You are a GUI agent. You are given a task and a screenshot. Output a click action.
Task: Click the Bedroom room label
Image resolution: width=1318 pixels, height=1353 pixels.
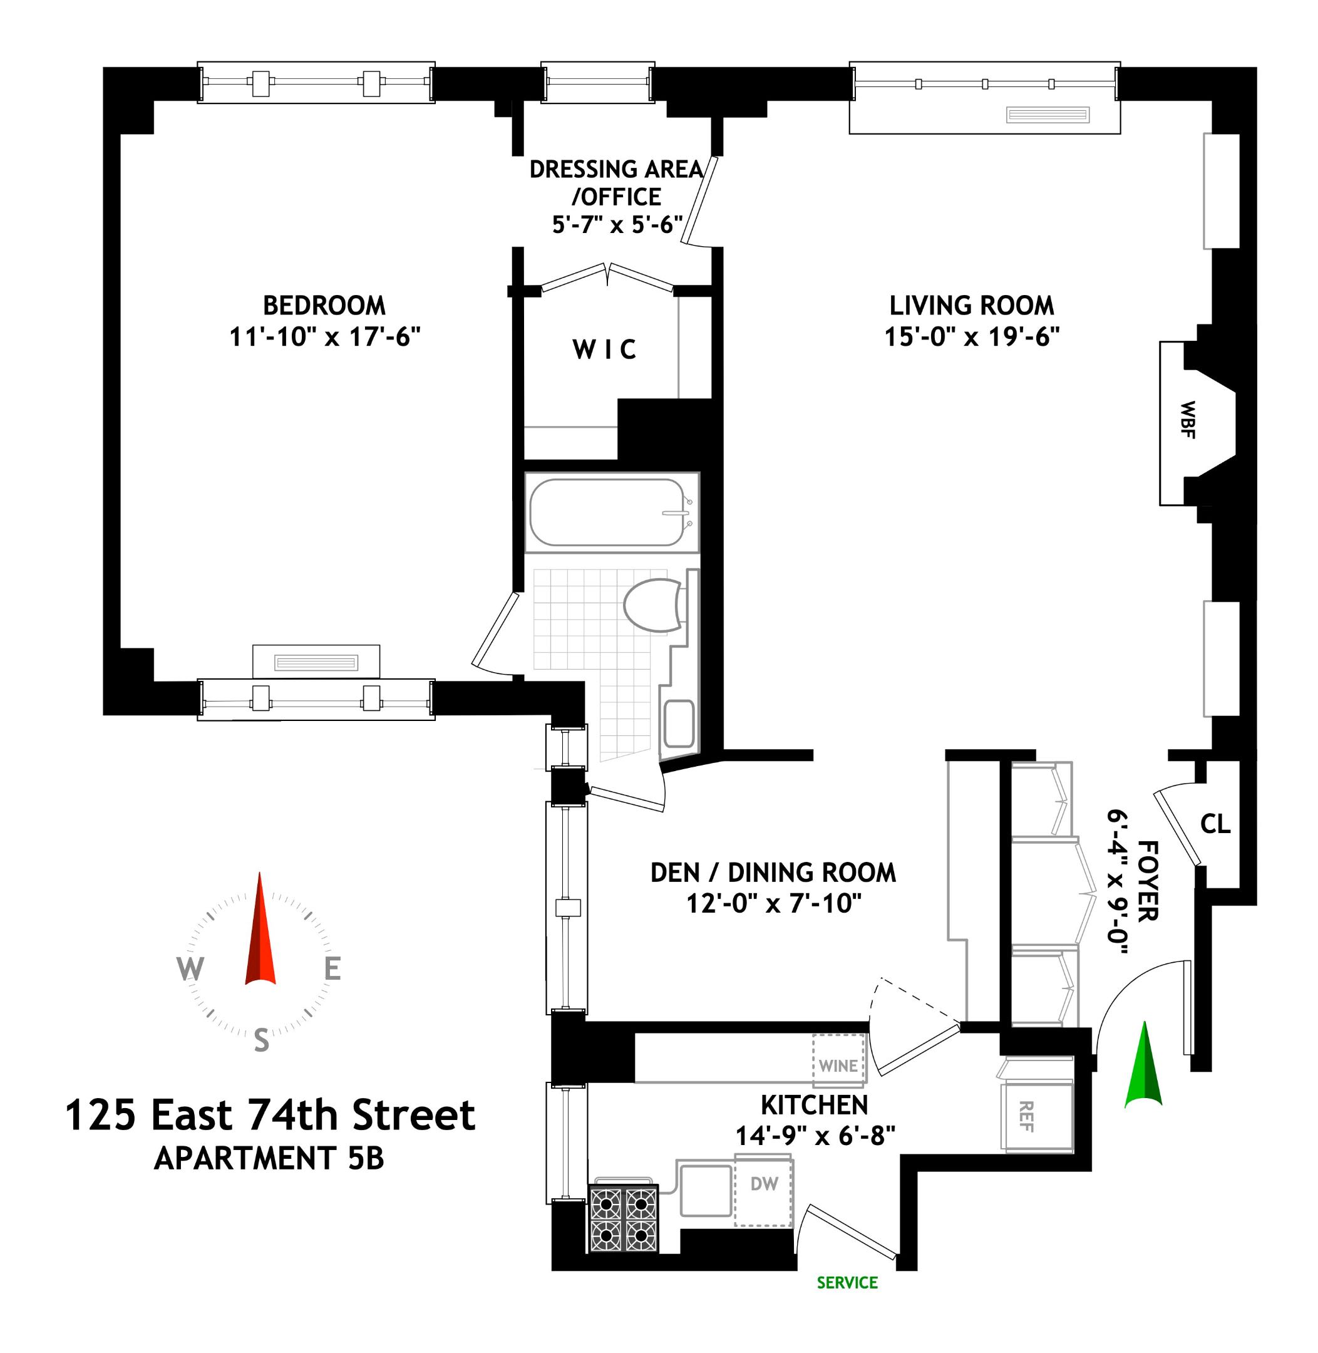click(324, 305)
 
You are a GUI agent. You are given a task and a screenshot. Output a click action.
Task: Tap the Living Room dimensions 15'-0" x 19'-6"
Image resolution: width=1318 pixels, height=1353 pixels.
click(972, 337)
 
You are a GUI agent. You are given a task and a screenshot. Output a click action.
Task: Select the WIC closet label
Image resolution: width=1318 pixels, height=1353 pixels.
click(604, 350)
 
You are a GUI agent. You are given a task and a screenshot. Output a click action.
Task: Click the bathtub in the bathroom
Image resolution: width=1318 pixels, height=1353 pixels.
click(607, 512)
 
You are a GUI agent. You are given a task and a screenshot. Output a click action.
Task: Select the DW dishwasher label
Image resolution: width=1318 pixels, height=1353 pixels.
click(765, 1183)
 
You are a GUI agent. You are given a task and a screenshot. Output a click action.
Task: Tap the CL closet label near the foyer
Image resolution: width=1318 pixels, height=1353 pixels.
click(1215, 824)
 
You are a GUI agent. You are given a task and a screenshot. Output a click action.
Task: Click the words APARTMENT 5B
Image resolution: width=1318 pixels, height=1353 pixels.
click(269, 1158)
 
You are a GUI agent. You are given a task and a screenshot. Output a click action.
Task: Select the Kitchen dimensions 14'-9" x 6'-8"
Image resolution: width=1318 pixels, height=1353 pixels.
click(815, 1136)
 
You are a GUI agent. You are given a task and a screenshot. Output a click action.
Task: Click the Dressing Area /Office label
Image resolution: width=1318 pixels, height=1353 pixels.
click(616, 183)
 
